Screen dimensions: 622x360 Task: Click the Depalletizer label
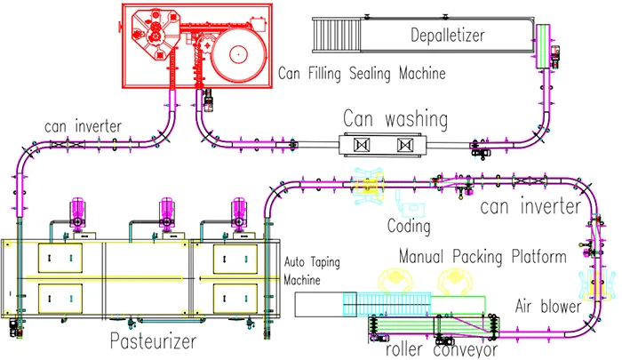coord(448,36)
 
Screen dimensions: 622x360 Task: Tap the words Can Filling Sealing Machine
coord(362,74)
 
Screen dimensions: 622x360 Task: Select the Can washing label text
coord(395,119)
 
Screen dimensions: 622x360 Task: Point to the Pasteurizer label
coord(153,341)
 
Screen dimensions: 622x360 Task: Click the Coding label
coord(409,227)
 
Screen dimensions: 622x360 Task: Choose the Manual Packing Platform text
coord(482,256)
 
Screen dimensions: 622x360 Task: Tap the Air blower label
coord(548,306)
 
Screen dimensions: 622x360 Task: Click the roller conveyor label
coord(442,349)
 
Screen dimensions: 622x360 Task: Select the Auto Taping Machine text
coord(312,271)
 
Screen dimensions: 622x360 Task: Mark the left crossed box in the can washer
coord(362,145)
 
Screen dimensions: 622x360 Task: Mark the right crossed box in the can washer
coord(405,145)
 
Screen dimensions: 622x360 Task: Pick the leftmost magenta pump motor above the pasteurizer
coord(78,212)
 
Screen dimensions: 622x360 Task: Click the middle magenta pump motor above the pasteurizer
coord(167,212)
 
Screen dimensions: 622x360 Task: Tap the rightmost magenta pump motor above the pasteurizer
coord(239,212)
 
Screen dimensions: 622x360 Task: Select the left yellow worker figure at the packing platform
coord(395,281)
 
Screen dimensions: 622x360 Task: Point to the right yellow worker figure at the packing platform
coord(455,281)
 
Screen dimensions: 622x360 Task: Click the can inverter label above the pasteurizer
coord(83,126)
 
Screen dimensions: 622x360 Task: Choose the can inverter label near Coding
coord(530,206)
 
